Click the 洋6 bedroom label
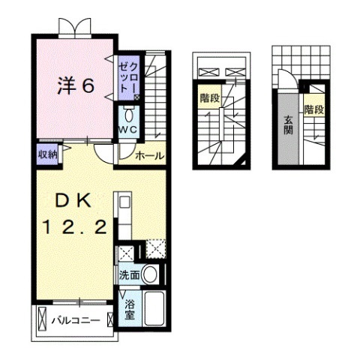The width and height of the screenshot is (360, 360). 76,86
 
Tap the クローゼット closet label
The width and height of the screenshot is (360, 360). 127,76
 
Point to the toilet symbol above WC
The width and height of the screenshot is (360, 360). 129,115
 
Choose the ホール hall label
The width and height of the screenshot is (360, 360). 150,155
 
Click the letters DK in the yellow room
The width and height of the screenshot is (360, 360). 73,200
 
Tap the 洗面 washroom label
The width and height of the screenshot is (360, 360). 129,274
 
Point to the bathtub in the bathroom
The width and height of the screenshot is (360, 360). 156,308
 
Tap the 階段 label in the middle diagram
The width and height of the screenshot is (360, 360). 208,97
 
